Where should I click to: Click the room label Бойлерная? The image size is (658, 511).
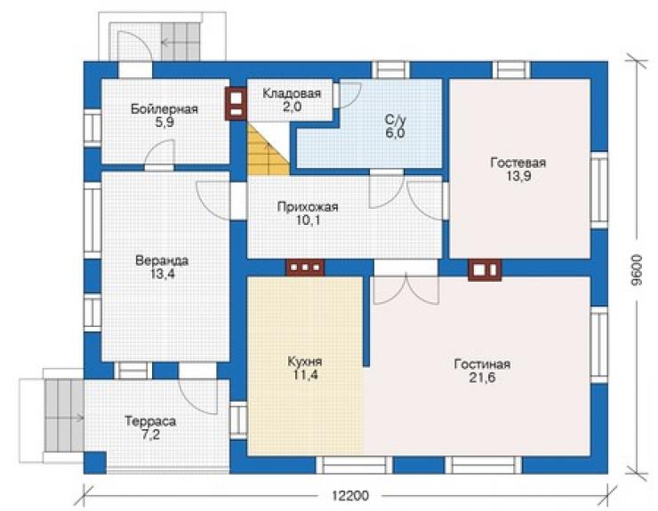click(164, 109)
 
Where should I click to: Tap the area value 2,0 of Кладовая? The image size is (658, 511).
click(292, 107)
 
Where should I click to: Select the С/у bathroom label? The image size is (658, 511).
click(396, 120)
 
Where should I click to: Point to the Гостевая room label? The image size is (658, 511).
click(518, 163)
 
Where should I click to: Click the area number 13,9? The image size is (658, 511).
click(518, 176)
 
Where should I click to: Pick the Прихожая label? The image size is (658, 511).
click(308, 207)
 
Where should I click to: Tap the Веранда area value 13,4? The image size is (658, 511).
click(162, 274)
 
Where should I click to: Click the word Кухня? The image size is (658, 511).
click(305, 361)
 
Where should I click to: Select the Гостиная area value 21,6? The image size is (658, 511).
click(482, 378)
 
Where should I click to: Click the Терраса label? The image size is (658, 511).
click(150, 421)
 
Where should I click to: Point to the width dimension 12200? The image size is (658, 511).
click(350, 496)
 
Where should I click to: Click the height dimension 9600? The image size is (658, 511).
click(637, 270)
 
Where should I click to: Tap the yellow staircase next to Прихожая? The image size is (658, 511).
click(269, 149)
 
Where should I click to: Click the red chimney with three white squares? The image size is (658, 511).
click(305, 267)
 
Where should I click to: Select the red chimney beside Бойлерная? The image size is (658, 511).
click(236, 104)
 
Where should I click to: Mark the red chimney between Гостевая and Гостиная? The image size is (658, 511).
click(485, 270)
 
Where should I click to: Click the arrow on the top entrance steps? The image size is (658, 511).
click(170, 43)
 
